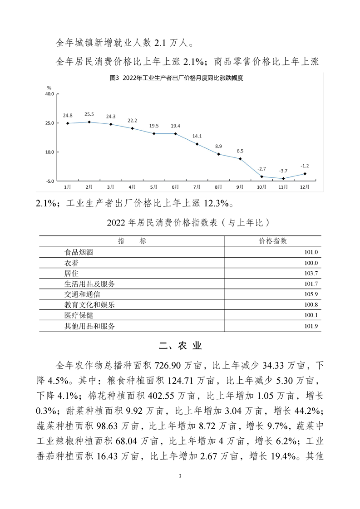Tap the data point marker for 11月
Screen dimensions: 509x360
pos(283,179)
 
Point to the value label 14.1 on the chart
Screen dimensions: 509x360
pos(197,136)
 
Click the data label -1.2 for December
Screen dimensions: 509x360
pos(305,166)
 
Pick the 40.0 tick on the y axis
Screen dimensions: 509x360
pos(49,94)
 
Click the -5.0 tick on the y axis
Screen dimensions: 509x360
pos(49,181)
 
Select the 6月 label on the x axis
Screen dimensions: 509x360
pos(175,187)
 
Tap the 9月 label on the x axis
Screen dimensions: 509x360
pos(240,187)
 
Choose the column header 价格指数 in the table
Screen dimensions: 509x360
pos(272,240)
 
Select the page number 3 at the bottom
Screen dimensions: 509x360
pos(180,476)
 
